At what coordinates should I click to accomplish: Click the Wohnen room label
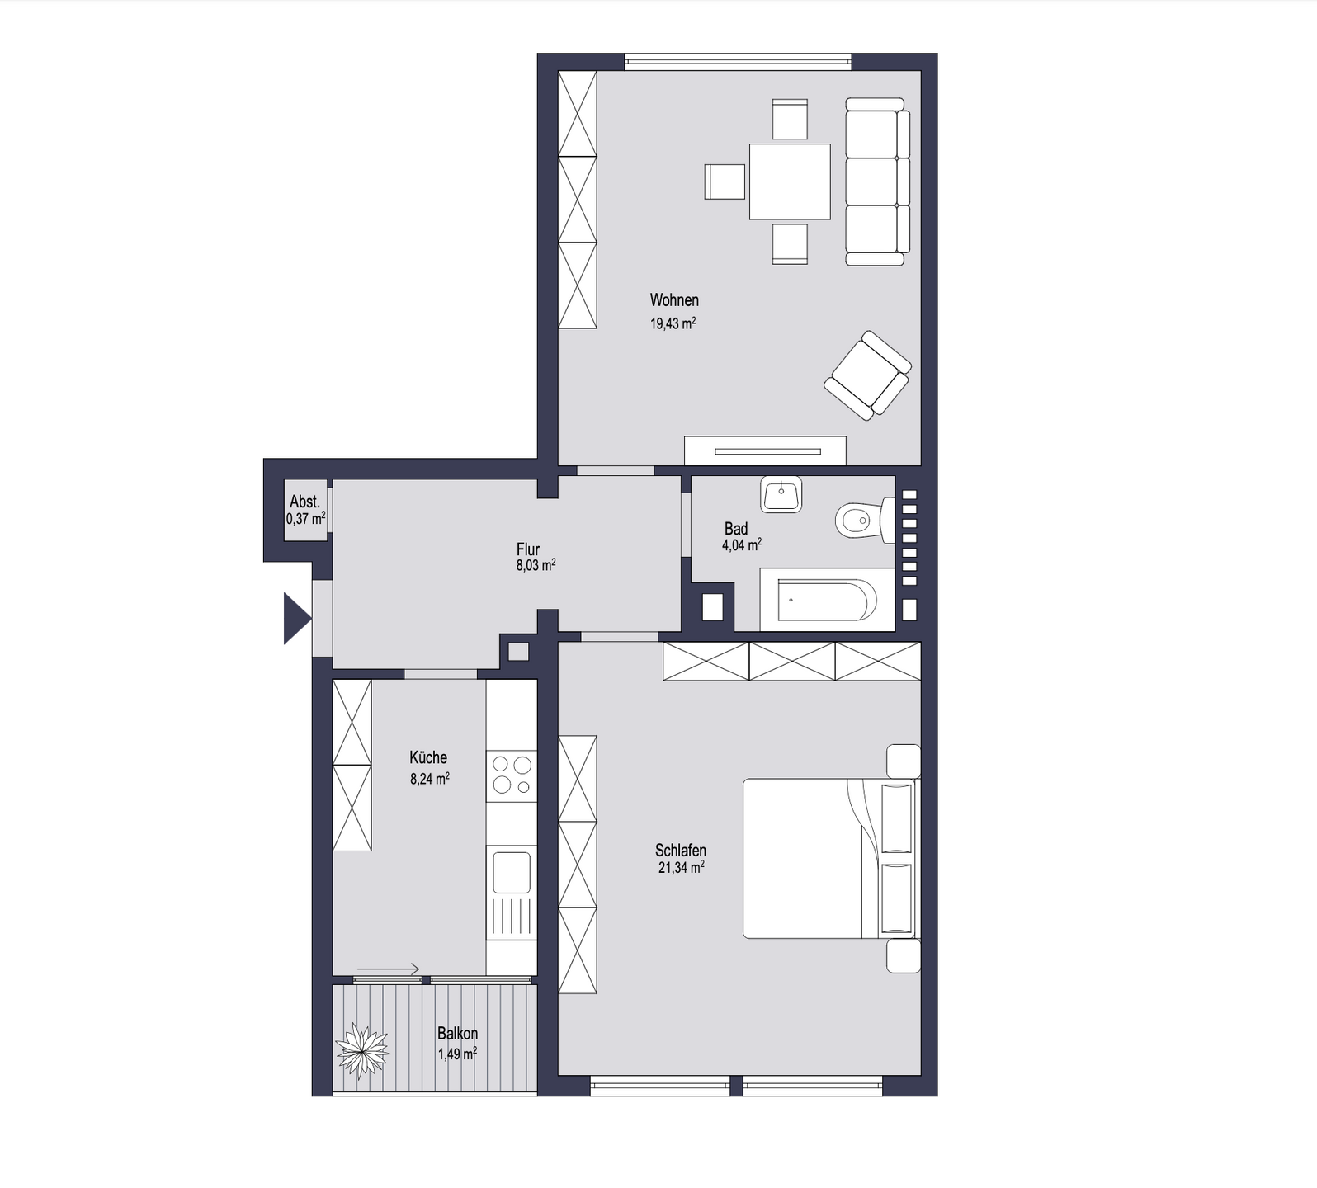pyautogui.click(x=674, y=300)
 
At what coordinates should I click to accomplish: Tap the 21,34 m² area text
pyautogui.click(x=681, y=868)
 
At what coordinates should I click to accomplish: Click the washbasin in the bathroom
pyautogui.click(x=781, y=494)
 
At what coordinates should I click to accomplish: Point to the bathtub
pyautogui.click(x=827, y=600)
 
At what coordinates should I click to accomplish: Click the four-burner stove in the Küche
pyautogui.click(x=512, y=775)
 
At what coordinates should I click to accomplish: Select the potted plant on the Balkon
pyautogui.click(x=362, y=1050)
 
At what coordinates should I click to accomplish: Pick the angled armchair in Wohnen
pyautogui.click(x=867, y=375)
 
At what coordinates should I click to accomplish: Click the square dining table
pyautogui.click(x=790, y=181)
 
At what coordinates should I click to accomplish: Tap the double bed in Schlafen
pyautogui.click(x=829, y=858)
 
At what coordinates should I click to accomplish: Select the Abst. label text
pyautogui.click(x=304, y=502)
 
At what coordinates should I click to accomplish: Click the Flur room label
pyautogui.click(x=528, y=549)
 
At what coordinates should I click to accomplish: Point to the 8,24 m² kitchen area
pyautogui.click(x=429, y=778)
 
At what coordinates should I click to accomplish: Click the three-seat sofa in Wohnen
pyautogui.click(x=877, y=181)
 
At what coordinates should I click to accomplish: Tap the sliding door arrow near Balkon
pyautogui.click(x=389, y=969)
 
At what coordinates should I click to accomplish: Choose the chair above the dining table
pyautogui.click(x=790, y=119)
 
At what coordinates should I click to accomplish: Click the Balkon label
pyautogui.click(x=457, y=1034)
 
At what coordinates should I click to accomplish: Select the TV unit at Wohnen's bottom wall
pyautogui.click(x=765, y=450)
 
